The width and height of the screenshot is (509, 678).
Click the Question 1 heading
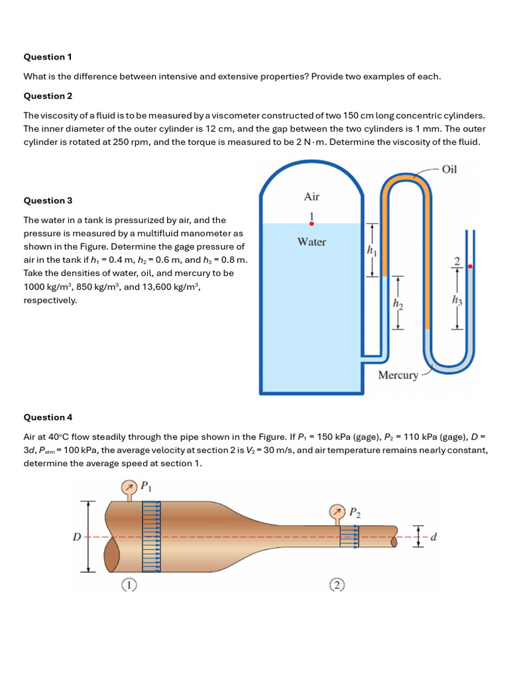pyautogui.click(x=44, y=57)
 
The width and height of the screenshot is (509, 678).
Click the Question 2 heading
pyautogui.click(x=44, y=96)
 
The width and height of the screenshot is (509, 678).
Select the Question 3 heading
pyautogui.click(x=44, y=201)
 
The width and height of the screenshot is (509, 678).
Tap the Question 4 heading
pyautogui.click(x=44, y=417)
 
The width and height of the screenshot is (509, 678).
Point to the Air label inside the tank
pyautogui.click(x=311, y=197)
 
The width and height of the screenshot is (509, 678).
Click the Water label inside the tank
pyautogui.click(x=311, y=242)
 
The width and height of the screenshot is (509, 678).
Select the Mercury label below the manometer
pyautogui.click(x=398, y=375)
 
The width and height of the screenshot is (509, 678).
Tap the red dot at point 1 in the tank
pyautogui.click(x=311, y=224)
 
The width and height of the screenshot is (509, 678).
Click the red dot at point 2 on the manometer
pyautogui.click(x=470, y=266)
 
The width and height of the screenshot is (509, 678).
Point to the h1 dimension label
pyautogui.click(x=370, y=250)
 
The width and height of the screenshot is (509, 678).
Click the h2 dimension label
pyautogui.click(x=398, y=303)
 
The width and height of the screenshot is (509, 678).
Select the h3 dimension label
pyautogui.click(x=457, y=301)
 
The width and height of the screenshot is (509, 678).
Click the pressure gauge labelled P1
pyautogui.click(x=128, y=488)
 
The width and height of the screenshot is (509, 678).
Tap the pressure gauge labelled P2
pyautogui.click(x=338, y=512)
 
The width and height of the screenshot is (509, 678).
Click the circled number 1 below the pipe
pyautogui.click(x=129, y=585)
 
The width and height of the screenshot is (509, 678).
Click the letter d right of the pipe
pyautogui.click(x=433, y=537)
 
